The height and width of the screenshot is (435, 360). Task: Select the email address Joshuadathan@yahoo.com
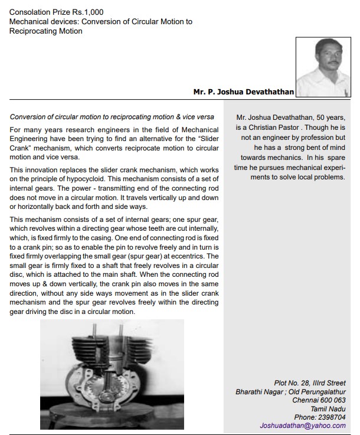tap(305, 425)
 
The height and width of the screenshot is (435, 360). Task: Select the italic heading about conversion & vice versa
tap(112, 116)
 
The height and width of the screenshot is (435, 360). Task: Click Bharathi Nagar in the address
tap(261, 391)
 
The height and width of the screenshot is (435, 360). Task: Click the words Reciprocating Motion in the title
tap(46, 31)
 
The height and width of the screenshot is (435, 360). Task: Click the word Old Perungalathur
tap(321, 391)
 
